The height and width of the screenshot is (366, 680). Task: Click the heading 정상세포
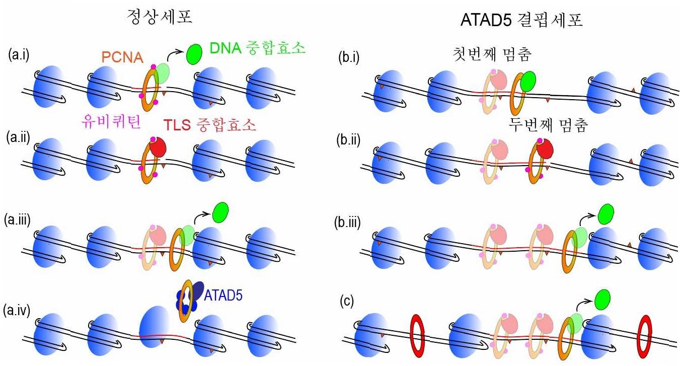pyautogui.click(x=159, y=17)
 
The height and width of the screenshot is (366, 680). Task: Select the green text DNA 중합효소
pyautogui.click(x=257, y=49)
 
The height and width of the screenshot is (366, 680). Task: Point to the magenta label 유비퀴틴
pyautogui.click(x=111, y=121)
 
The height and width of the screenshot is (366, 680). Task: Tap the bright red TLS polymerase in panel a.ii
pyautogui.click(x=158, y=147)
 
